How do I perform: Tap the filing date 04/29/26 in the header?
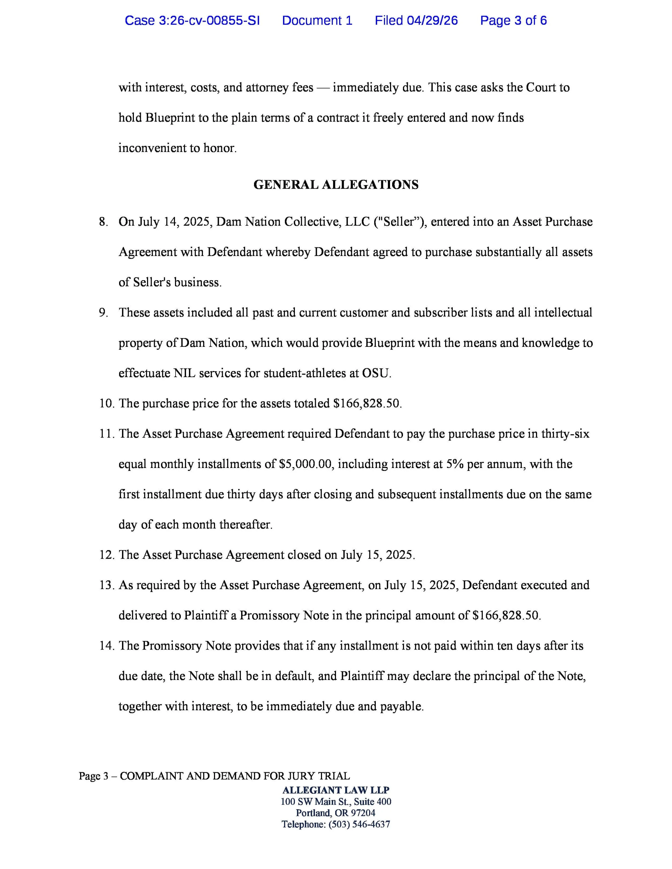pyautogui.click(x=432, y=20)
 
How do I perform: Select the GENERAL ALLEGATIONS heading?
pyautogui.click(x=336, y=185)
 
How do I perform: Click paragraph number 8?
pyautogui.click(x=103, y=222)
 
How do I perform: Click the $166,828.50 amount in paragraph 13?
pyautogui.click(x=506, y=615)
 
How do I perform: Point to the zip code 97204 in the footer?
pyautogui.click(x=363, y=813)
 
